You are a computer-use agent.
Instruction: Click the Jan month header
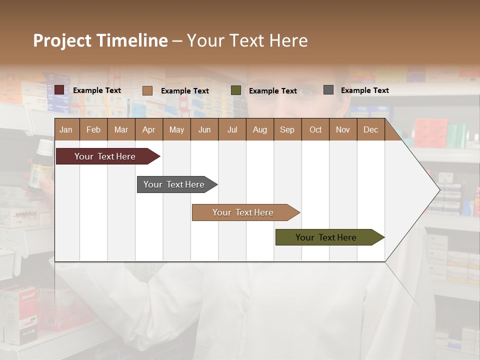pyautogui.click(x=66, y=129)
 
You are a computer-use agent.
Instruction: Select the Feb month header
pyautogui.click(x=93, y=129)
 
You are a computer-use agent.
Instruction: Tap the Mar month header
pyautogui.click(x=121, y=129)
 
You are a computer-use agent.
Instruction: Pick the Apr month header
pyautogui.click(x=149, y=129)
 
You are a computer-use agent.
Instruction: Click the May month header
pyautogui.click(x=176, y=129)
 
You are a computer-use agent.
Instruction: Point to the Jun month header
pyautogui.click(x=204, y=129)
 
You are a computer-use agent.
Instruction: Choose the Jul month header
pyautogui.click(x=232, y=129)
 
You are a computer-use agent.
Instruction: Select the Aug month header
pyautogui.click(x=260, y=129)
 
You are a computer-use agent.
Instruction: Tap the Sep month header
pyautogui.click(x=287, y=129)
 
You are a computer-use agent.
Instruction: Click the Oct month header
pyautogui.click(x=315, y=129)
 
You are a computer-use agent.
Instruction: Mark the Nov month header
pyautogui.click(x=343, y=129)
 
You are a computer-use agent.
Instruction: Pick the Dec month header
pyautogui.click(x=371, y=129)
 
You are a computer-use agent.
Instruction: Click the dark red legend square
pyautogui.click(x=59, y=90)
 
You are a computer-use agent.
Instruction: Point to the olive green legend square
pyautogui.click(x=236, y=90)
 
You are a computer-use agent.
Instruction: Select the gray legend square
pyautogui.click(x=328, y=90)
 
